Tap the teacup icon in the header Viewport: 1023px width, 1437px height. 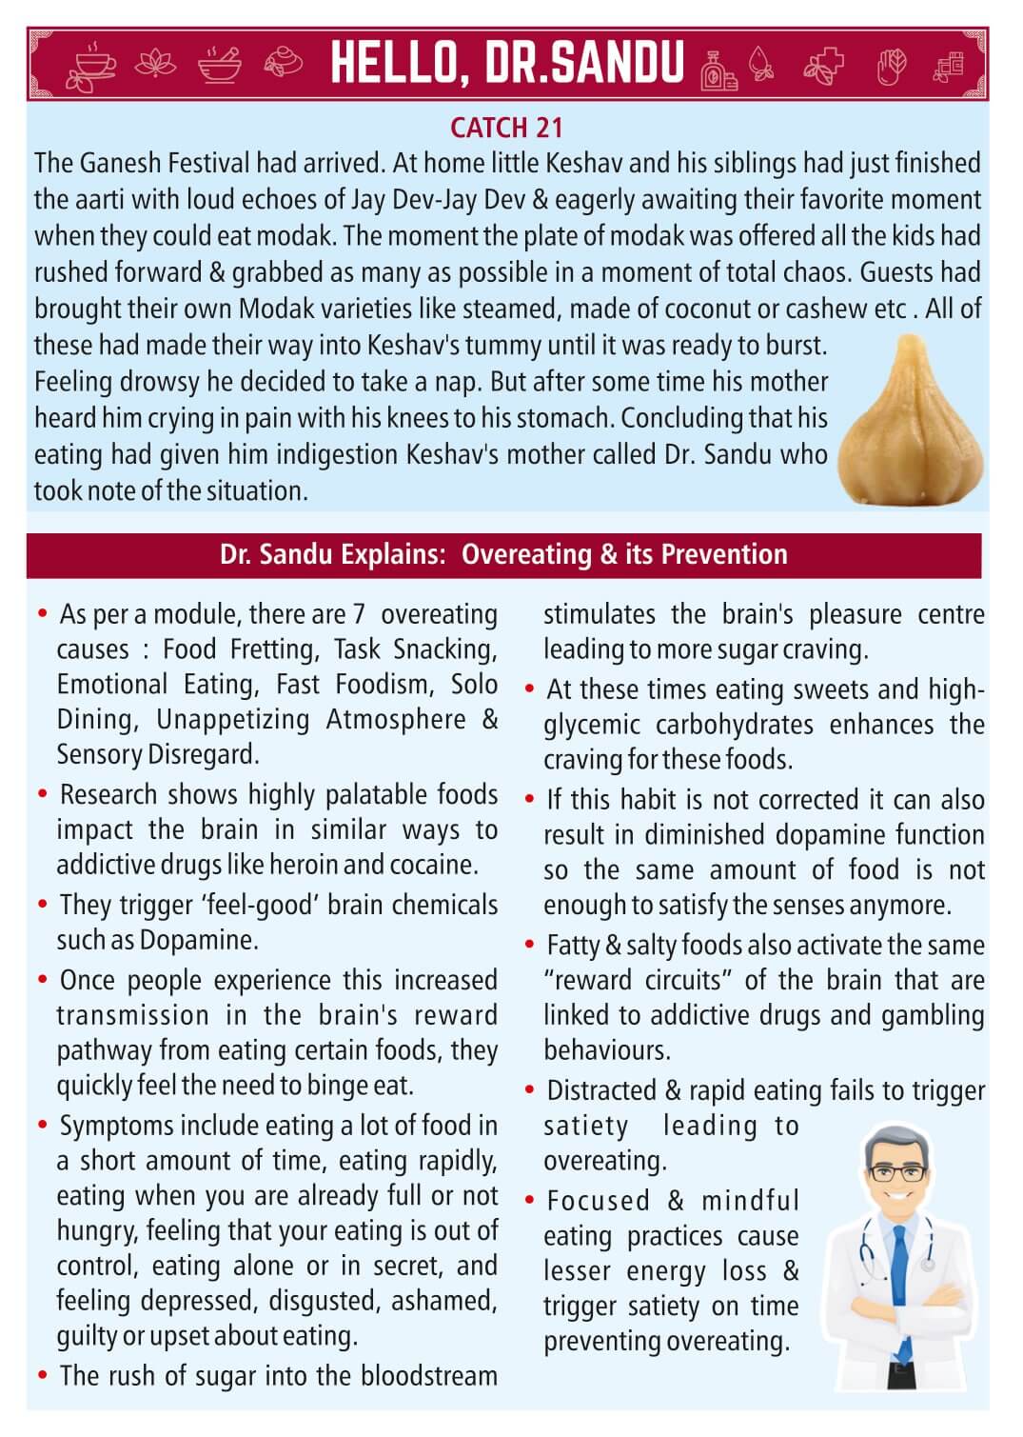91,65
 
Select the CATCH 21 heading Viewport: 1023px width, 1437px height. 506,128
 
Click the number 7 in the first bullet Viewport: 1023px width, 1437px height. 359,614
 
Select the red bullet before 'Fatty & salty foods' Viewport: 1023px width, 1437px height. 530,946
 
